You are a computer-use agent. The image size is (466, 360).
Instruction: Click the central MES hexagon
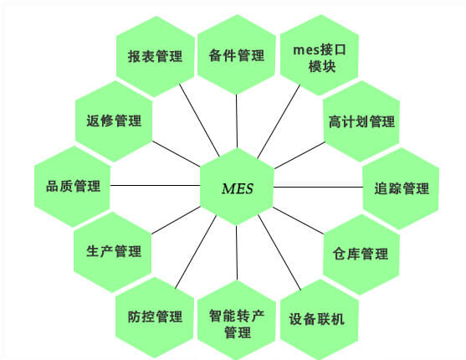[x=237, y=187]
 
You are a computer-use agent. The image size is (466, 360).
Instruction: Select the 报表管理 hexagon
[x=155, y=56]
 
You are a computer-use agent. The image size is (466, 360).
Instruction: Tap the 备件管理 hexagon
[x=237, y=54]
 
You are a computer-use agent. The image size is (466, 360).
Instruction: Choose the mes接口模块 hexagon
[x=320, y=55]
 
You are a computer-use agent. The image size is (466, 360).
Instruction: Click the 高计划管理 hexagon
[x=361, y=121]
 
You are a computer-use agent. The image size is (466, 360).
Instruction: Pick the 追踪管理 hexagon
[x=402, y=188]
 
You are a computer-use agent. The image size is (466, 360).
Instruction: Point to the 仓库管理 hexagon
[x=361, y=254]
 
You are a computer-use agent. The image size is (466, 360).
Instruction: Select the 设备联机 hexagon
[x=319, y=319]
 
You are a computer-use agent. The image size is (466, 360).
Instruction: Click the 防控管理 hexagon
[x=155, y=317]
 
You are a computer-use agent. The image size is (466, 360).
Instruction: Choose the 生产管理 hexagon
[x=113, y=252]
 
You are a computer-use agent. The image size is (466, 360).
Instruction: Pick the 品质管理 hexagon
[x=73, y=187]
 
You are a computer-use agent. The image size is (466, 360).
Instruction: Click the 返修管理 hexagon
[x=114, y=121]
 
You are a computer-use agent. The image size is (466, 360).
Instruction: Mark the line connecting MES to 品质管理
[x=155, y=186]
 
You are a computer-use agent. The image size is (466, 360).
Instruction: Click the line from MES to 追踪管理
[x=318, y=187]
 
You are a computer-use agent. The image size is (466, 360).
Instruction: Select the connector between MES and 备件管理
[x=237, y=121]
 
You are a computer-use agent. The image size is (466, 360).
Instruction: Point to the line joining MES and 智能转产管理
[x=237, y=253]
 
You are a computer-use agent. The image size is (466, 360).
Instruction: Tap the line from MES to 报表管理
[x=199, y=121]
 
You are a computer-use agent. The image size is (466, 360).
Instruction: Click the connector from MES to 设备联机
[x=279, y=252]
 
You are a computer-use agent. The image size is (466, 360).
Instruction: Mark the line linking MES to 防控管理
[x=196, y=252]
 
